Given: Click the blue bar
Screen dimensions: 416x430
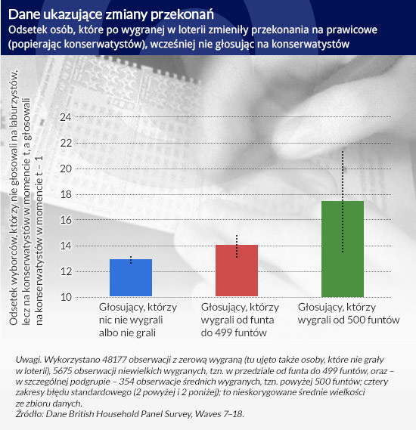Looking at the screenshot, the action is click(x=131, y=277).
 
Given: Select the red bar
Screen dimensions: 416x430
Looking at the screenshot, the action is click(x=237, y=271).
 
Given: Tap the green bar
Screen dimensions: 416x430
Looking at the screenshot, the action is click(x=343, y=249).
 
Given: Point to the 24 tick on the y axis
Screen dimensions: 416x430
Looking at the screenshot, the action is click(x=66, y=117).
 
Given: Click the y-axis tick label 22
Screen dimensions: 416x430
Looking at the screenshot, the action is click(x=66, y=143).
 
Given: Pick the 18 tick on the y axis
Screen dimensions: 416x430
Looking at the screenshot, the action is click(x=66, y=194).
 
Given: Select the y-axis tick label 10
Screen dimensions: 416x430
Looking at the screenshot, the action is click(x=66, y=297).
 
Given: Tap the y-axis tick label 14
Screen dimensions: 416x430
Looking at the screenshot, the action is click(x=66, y=246).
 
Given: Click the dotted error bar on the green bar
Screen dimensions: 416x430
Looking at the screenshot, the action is click(x=343, y=202).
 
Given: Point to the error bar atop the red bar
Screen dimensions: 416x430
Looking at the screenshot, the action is click(x=237, y=246).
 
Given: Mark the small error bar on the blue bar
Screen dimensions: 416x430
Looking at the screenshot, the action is click(x=131, y=260).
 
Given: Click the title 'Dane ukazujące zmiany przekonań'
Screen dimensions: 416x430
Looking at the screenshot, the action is click(x=111, y=15).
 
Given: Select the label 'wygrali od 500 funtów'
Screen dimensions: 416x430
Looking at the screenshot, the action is click(x=349, y=320).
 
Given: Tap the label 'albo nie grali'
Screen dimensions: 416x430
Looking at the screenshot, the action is click(x=127, y=333).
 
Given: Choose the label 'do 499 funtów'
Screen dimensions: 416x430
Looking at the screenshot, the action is click(x=234, y=333).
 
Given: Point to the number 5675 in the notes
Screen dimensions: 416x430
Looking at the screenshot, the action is click(x=63, y=371).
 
